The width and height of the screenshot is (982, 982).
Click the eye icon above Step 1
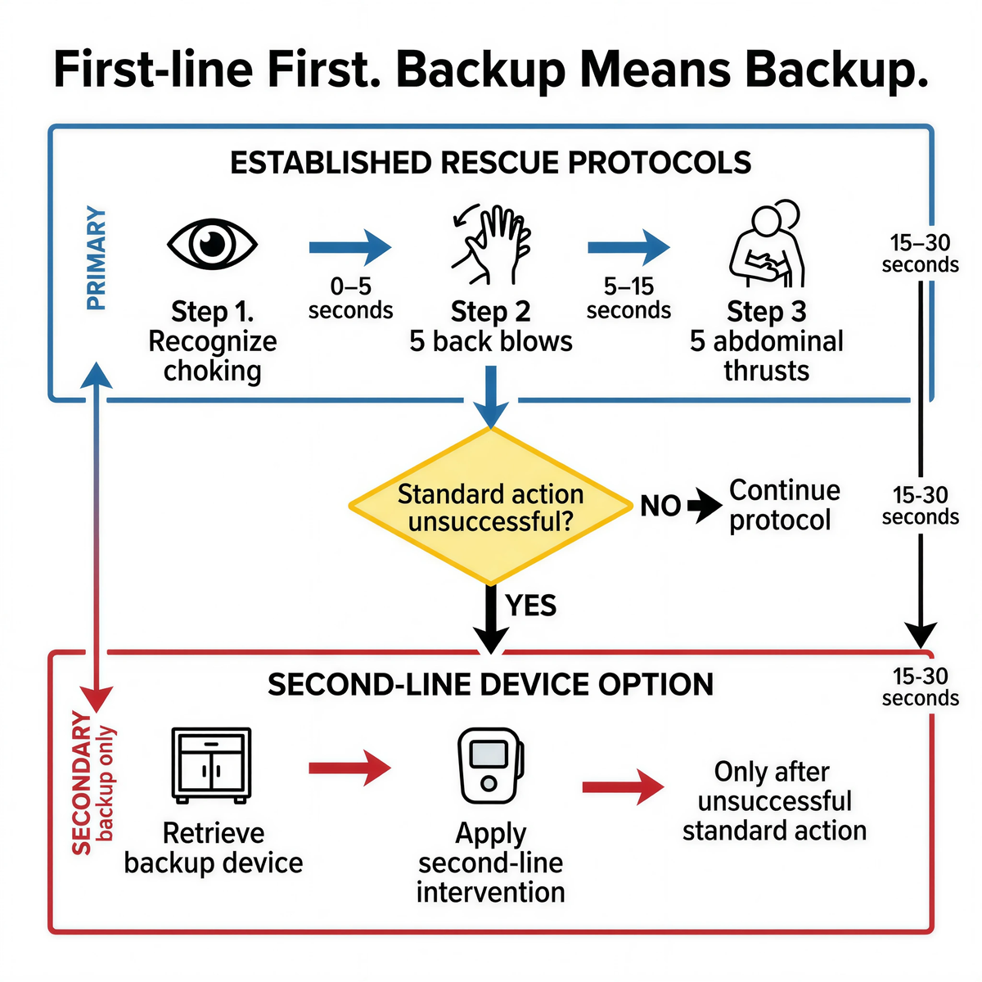click(x=212, y=243)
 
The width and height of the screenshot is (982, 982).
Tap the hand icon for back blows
click(x=491, y=245)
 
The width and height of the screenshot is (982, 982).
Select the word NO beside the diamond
click(x=660, y=506)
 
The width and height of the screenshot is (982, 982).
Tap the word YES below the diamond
click(x=531, y=606)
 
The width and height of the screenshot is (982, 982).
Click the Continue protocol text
click(x=783, y=505)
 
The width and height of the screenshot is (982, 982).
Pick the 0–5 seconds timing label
click(x=350, y=299)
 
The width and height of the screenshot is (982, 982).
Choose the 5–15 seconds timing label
click(x=628, y=299)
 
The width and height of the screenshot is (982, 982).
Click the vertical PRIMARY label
click(x=97, y=259)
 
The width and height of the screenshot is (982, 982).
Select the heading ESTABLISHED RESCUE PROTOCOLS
click(x=490, y=163)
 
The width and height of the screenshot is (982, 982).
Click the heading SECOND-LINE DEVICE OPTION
click(x=490, y=684)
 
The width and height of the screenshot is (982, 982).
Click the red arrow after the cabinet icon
click(x=349, y=768)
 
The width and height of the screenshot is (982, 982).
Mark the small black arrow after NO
click(x=705, y=506)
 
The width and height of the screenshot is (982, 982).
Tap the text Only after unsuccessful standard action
click(x=774, y=801)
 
